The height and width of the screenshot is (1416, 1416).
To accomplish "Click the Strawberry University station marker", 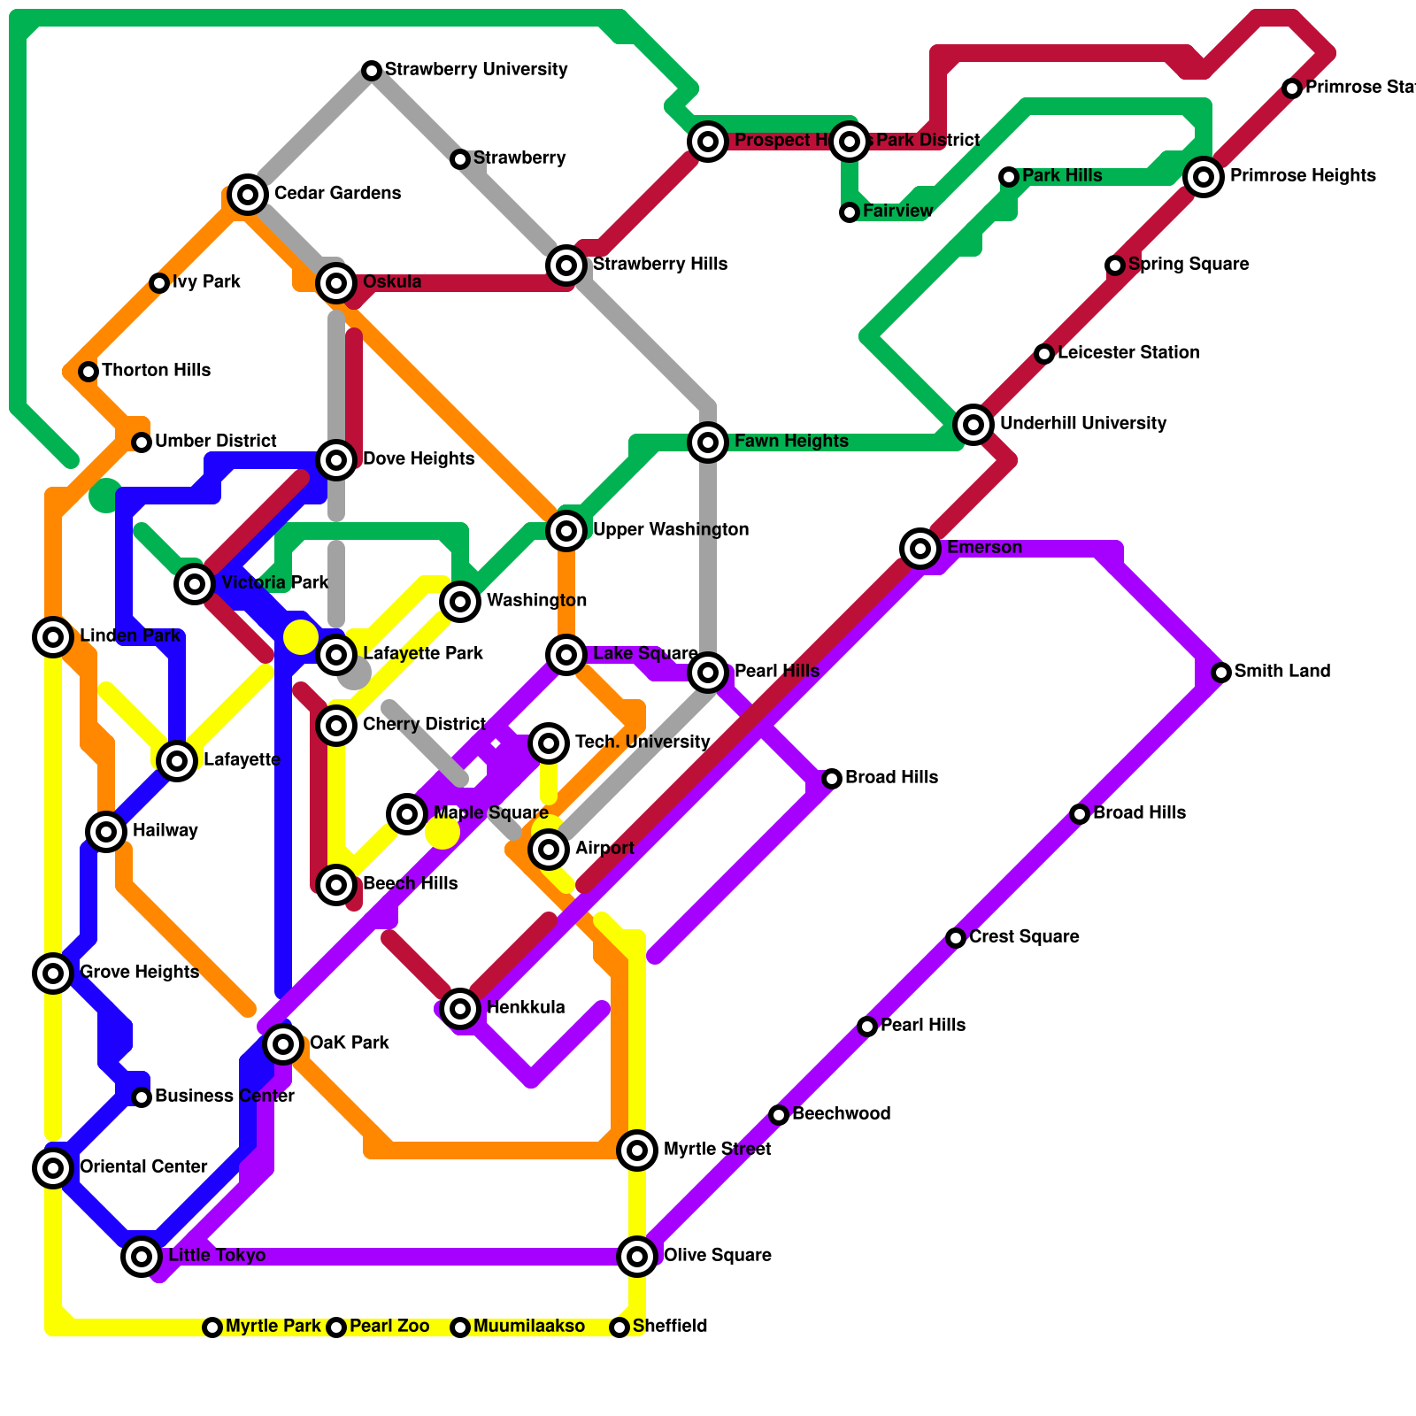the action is pyautogui.click(x=372, y=70).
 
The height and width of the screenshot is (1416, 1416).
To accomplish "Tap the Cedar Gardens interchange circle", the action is pyautogui.click(x=248, y=194).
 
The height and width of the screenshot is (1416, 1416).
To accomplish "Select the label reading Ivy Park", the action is pyautogui.click(x=206, y=282).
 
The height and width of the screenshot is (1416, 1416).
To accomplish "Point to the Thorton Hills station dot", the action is pyautogui.click(x=88, y=371).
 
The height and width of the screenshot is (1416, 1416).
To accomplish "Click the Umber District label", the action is pyautogui.click(x=215, y=441).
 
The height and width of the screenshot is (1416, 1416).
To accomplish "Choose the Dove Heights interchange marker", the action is pyautogui.click(x=336, y=459).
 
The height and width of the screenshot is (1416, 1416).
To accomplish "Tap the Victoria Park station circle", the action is pyautogui.click(x=195, y=583).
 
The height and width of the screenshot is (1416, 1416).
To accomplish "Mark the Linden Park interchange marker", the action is pyautogui.click(x=53, y=636).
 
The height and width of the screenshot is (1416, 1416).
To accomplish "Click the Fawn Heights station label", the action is pyautogui.click(x=791, y=441).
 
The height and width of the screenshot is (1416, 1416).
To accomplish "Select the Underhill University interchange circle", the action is pyautogui.click(x=973, y=424).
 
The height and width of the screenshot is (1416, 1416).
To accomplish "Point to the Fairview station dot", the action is pyautogui.click(x=850, y=212).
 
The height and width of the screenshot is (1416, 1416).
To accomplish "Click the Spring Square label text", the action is pyautogui.click(x=1189, y=264).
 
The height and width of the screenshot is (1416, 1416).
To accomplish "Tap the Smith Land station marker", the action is pyautogui.click(x=1221, y=672).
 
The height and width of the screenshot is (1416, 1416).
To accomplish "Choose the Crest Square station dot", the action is pyautogui.click(x=956, y=937).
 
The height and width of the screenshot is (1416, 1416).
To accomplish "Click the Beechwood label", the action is pyautogui.click(x=841, y=1113).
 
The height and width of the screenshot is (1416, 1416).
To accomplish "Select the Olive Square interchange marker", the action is pyautogui.click(x=637, y=1256).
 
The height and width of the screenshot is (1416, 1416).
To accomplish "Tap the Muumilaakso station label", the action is pyautogui.click(x=528, y=1326).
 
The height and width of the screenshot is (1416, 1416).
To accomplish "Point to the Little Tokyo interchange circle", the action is pyautogui.click(x=142, y=1256).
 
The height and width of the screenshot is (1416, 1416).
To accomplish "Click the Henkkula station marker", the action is pyautogui.click(x=460, y=1008).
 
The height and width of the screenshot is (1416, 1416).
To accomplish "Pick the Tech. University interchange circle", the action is pyautogui.click(x=549, y=743).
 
